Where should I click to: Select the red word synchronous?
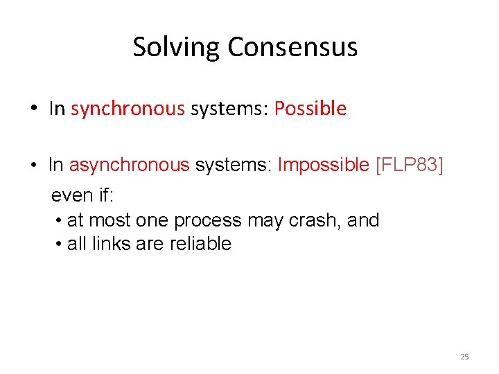(x=128, y=109)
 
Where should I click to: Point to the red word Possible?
(x=310, y=109)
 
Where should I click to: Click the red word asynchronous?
(x=129, y=165)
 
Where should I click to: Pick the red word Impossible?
(x=324, y=165)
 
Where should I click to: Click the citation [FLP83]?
(x=409, y=165)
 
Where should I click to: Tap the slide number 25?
(x=464, y=357)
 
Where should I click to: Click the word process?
(x=207, y=220)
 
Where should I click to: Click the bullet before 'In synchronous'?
(x=33, y=109)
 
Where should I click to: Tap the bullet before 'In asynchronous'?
(x=33, y=166)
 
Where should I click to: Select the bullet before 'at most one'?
(x=60, y=221)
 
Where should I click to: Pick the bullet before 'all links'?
(x=60, y=244)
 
